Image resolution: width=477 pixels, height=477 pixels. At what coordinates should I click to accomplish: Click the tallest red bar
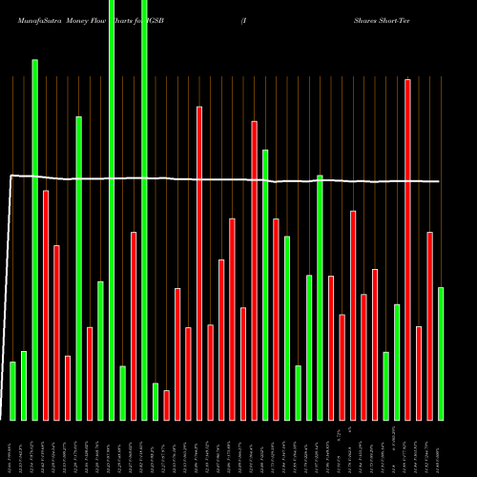point(407,249)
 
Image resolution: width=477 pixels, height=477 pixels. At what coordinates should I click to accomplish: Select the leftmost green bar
point(12,391)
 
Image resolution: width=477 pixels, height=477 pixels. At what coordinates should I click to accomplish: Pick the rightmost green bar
point(441,353)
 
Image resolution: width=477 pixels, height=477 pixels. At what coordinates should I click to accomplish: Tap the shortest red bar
point(166,404)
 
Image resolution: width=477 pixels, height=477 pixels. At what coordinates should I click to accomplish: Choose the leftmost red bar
point(46,305)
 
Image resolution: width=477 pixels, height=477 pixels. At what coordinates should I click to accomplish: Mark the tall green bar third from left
point(35,239)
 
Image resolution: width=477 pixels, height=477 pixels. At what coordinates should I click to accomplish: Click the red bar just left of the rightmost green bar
point(429,325)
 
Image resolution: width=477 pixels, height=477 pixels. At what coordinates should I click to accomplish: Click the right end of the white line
point(440,181)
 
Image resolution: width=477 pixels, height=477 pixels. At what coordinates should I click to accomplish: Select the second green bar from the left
point(24,385)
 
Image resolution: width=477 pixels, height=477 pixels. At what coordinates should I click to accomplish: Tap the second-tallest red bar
point(199,263)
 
